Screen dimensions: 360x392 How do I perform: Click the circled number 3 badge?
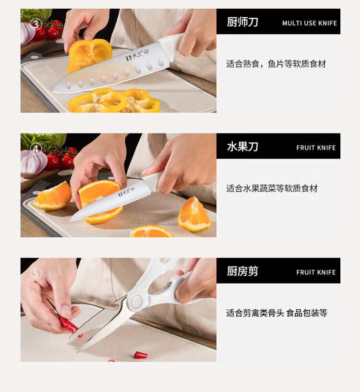tap(36, 24)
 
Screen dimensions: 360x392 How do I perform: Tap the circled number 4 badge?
tap(36, 149)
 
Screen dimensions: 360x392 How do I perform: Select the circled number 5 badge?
tap(36, 273)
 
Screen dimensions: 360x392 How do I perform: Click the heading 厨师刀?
tap(242, 22)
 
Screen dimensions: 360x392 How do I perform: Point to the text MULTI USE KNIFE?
tap(309, 23)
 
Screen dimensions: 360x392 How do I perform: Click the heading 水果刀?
tap(242, 147)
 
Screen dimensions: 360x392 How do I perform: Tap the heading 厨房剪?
tap(242, 271)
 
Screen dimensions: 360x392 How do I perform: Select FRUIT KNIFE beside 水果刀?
tap(316, 148)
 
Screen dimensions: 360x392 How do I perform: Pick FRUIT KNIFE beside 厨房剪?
tap(316, 272)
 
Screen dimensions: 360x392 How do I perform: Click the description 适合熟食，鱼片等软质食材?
tap(276, 64)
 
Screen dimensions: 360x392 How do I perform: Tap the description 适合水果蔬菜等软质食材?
tap(272, 188)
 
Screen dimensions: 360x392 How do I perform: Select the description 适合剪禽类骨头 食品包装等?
tap(276, 313)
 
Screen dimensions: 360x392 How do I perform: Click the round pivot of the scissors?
tap(136, 302)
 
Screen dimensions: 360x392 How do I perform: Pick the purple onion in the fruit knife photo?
tap(34, 163)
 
